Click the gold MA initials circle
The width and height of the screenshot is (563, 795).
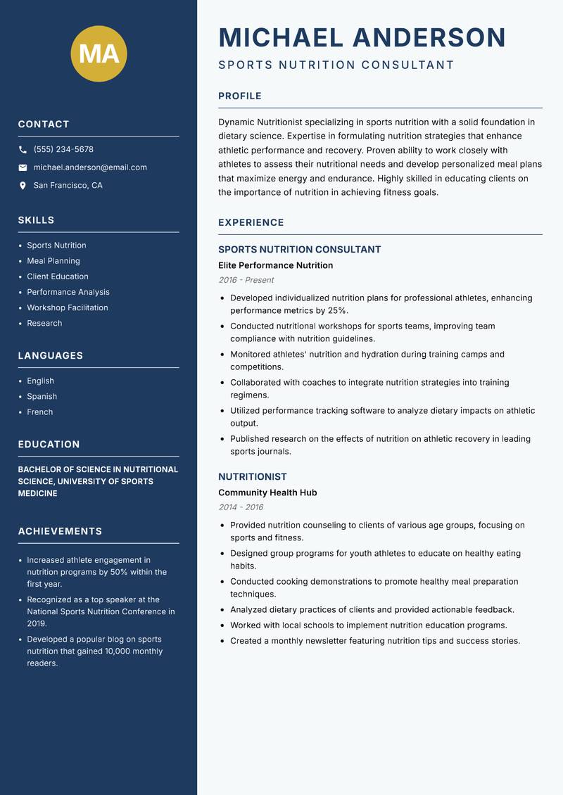coord(99,53)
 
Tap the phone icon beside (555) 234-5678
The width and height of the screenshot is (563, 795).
coord(23,150)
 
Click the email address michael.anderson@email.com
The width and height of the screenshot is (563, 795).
coord(90,167)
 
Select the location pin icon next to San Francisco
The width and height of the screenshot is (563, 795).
coord(23,186)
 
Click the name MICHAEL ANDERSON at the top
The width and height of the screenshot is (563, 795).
coord(362,37)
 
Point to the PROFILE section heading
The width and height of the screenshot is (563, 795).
coord(239,96)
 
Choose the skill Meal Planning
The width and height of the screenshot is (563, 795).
coord(53,261)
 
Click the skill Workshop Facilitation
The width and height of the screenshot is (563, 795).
coord(68,307)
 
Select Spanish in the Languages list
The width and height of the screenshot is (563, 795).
coord(42,396)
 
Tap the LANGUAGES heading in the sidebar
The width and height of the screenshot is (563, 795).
coord(51,356)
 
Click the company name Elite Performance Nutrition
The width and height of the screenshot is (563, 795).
coord(275,265)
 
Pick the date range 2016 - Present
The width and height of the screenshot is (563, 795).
coord(246,280)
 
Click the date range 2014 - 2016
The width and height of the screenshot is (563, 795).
coord(241,507)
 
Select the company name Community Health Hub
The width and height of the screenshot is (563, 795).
coord(267,492)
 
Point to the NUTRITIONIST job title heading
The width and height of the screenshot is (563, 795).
coord(253,476)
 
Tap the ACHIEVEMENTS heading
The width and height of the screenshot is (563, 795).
coord(60,531)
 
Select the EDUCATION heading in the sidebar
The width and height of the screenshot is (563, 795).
coord(49,445)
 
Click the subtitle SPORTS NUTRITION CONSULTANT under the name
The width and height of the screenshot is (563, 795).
coord(336,65)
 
